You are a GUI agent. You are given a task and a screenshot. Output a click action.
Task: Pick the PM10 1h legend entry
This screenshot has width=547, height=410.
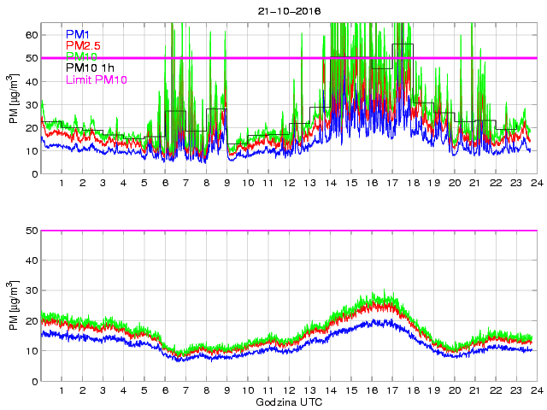(x=96, y=68)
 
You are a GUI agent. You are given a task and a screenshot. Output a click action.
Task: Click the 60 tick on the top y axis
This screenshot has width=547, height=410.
(x=32, y=35)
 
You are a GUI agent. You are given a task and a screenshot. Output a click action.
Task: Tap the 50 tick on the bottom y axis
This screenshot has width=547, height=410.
(x=32, y=231)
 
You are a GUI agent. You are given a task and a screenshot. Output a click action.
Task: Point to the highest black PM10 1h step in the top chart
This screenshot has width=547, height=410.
(x=403, y=44)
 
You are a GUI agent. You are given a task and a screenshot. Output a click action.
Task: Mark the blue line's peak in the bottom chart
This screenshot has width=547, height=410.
(x=390, y=320)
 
